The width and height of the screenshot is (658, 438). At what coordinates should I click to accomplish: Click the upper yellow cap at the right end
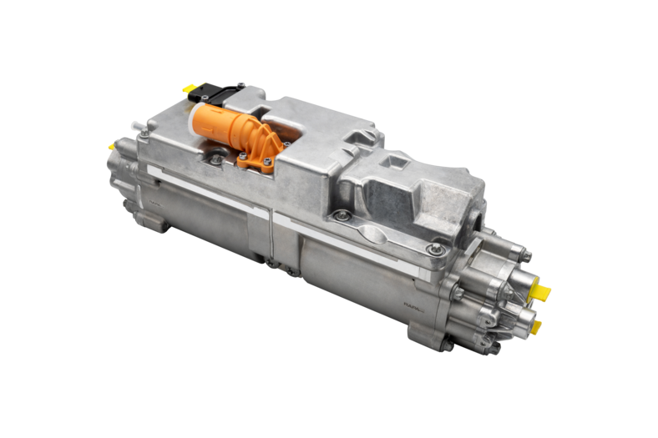point(542,291)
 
